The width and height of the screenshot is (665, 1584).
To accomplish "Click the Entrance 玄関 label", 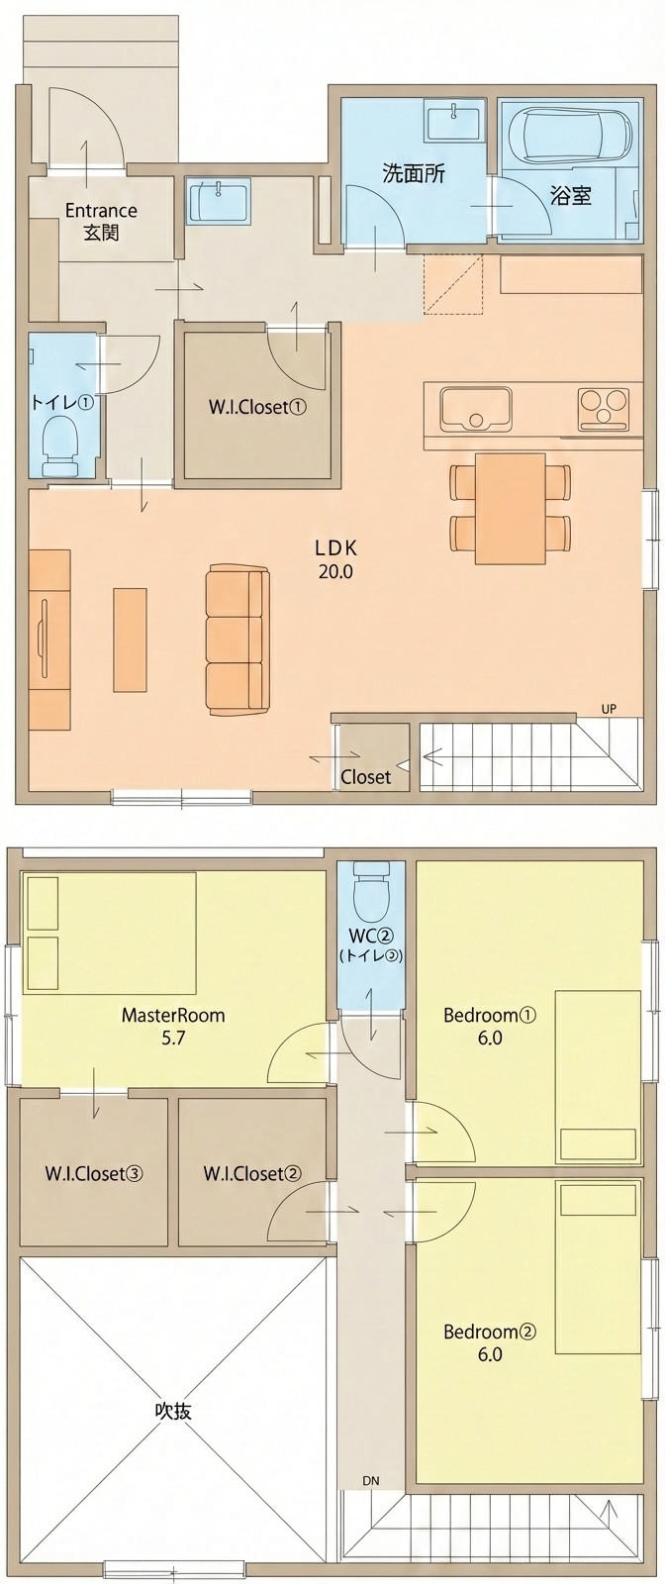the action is [101, 222].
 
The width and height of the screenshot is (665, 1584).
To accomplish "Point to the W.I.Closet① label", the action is [257, 407].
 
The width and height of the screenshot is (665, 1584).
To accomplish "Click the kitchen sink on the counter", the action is [476, 409].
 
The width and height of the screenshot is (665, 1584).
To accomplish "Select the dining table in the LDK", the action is [511, 508].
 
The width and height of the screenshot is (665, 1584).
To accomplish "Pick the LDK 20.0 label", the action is [335, 559].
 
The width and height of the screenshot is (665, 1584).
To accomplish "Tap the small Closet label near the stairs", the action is [366, 777].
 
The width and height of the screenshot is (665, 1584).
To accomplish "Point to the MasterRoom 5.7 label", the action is [173, 1027].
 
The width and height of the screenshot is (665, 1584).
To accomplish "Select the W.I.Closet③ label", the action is [94, 1173].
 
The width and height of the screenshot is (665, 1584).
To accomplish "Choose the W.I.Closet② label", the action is [252, 1173].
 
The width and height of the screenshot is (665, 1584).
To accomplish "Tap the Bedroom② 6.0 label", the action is [490, 1342].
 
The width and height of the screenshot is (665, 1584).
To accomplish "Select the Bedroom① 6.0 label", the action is [490, 1027].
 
